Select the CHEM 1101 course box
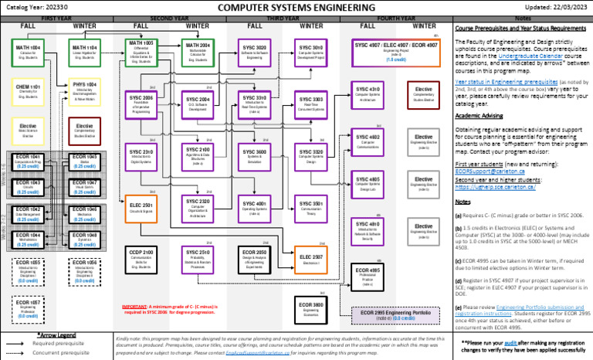(x=28, y=90)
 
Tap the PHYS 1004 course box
(x=84, y=90)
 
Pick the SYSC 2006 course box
(x=141, y=104)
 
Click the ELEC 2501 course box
(x=141, y=208)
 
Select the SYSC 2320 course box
(x=198, y=208)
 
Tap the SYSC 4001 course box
(x=255, y=208)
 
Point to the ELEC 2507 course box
(x=311, y=260)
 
